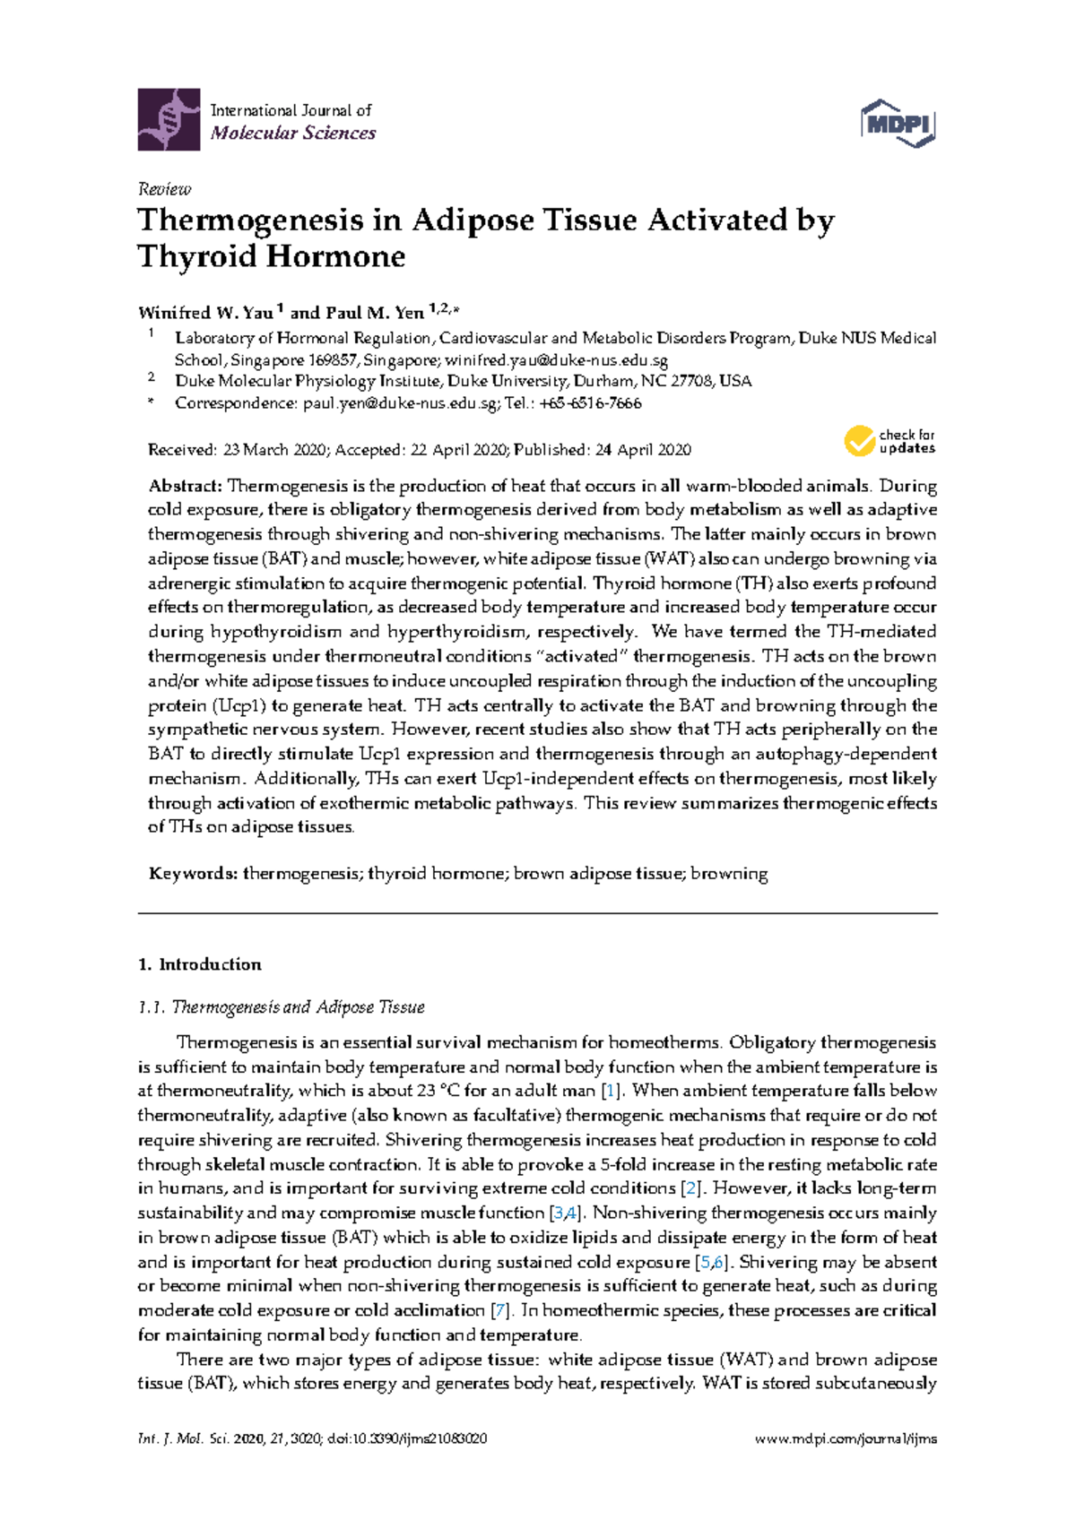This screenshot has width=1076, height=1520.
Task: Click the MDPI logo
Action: (x=898, y=123)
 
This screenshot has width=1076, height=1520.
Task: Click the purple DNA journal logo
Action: (x=169, y=119)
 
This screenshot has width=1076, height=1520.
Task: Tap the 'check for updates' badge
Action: (x=889, y=441)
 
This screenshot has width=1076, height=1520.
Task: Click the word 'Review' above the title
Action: (x=164, y=189)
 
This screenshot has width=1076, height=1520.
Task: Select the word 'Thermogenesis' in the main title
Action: (x=250, y=220)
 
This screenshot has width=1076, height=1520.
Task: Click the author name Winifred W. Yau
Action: (x=205, y=313)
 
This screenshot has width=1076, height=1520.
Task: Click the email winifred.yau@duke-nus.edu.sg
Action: (x=556, y=360)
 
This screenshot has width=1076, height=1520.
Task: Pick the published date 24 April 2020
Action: (x=642, y=450)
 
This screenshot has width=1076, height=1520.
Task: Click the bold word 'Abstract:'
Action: (x=185, y=486)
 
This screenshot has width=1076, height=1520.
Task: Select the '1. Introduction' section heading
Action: (x=200, y=964)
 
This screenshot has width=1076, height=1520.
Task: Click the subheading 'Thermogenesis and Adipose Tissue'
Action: (x=298, y=1007)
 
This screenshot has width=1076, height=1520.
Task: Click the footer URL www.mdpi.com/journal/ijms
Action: (x=846, y=1438)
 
